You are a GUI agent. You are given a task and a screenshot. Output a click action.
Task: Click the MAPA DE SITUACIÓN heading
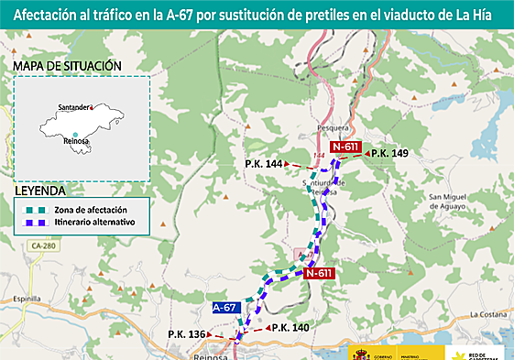click(68, 66)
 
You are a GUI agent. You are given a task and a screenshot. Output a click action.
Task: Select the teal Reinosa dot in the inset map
click(75, 134)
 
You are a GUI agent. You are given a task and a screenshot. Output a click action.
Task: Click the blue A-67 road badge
click(225, 309)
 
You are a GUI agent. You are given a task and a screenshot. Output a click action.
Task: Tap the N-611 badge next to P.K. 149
click(345, 147)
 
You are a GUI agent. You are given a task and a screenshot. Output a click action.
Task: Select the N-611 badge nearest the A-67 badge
click(319, 273)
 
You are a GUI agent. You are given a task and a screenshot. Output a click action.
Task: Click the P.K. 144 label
click(264, 163)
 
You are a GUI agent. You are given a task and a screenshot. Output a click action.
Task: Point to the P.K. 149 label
click(389, 153)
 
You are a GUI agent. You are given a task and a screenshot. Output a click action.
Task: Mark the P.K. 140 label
click(289, 328)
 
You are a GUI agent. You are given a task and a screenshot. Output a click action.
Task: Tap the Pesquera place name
click(337, 127)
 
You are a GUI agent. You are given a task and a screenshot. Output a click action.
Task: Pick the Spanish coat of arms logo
click(357, 352)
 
